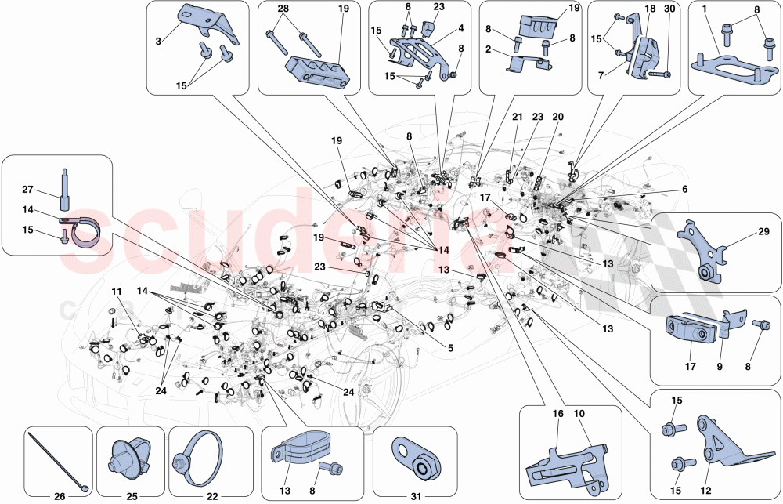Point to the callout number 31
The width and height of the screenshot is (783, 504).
click(415, 495)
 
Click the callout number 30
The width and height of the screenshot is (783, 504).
click(668, 9)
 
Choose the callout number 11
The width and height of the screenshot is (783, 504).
click(117, 292)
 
